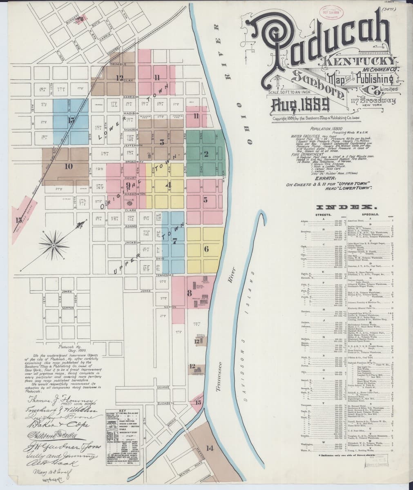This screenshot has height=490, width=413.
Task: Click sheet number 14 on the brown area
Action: pyautogui.click(x=210, y=448)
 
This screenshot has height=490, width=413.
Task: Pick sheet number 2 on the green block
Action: pyautogui.click(x=206, y=154)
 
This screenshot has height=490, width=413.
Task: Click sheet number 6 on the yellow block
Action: pyautogui.click(x=206, y=248)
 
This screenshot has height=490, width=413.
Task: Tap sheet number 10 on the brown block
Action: pyautogui.click(x=68, y=166)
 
